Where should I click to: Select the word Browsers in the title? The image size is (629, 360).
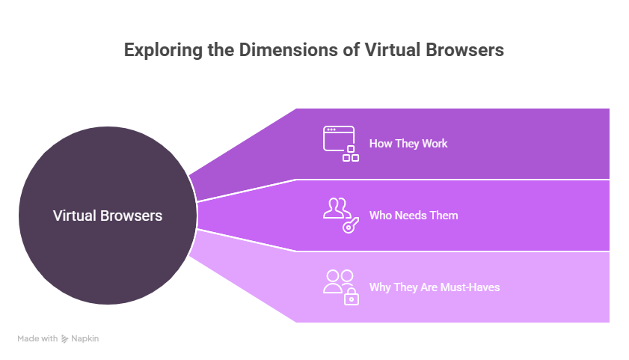[463, 50]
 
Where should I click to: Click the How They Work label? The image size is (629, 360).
[408, 143]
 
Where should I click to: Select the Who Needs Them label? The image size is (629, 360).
[414, 216]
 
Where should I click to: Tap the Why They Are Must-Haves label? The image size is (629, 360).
[435, 287]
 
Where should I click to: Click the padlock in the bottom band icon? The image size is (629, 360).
[351, 298]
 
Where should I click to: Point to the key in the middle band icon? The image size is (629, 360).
[349, 225]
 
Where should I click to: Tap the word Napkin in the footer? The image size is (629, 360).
[85, 339]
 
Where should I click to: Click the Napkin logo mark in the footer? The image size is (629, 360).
[65, 339]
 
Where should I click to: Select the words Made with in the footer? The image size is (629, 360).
[37, 339]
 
